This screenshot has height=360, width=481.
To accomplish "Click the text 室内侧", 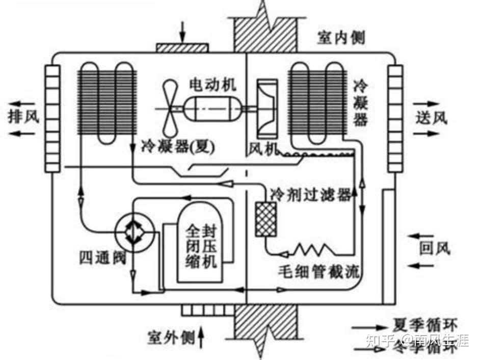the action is [x=341, y=37].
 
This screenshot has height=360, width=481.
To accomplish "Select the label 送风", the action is [x=431, y=118].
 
